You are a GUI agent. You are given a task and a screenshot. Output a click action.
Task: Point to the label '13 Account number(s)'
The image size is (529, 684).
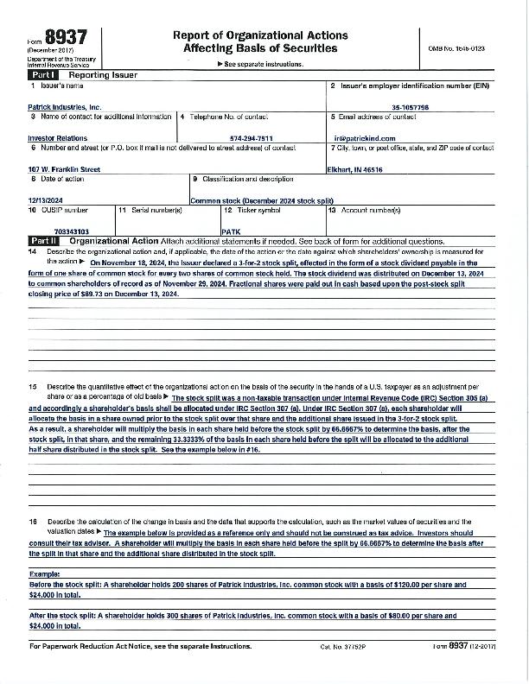[x=365, y=210]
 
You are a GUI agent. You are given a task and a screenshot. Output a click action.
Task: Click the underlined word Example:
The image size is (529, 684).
[x=44, y=573]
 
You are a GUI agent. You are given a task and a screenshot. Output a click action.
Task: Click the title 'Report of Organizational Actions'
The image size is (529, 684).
[x=260, y=35]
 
